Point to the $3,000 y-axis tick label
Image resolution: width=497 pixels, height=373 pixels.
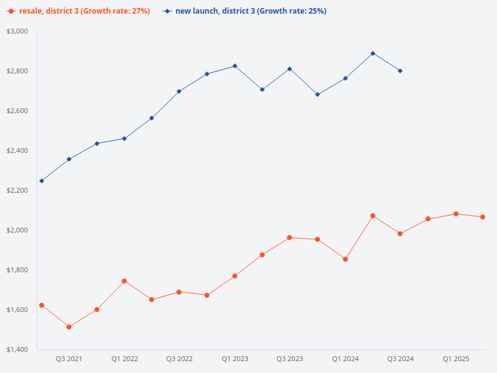point(17,31)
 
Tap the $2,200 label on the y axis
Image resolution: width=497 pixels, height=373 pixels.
point(17,190)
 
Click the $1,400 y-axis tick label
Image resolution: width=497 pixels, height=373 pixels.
point(17,349)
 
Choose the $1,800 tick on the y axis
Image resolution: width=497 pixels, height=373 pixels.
point(17,270)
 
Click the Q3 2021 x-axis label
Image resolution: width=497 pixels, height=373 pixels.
point(69,359)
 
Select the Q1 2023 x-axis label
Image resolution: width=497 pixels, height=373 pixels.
point(235,359)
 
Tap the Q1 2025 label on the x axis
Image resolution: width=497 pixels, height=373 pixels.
point(456,359)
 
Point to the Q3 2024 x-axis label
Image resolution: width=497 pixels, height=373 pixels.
point(400,359)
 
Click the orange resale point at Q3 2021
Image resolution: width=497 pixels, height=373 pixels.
point(69,327)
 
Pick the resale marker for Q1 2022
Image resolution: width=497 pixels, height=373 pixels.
point(124,281)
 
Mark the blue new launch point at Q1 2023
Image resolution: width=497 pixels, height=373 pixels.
point(235,66)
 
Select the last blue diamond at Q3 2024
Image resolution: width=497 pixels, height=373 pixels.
point(400,71)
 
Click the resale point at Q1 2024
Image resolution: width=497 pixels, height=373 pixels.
point(345,259)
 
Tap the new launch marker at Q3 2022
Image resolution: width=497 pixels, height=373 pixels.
point(180,91)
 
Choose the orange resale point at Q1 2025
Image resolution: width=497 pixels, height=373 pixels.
point(456,214)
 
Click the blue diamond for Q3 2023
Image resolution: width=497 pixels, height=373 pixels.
point(290,69)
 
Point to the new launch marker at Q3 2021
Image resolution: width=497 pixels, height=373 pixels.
point(69,159)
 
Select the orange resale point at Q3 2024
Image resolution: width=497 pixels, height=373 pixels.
point(400,234)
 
